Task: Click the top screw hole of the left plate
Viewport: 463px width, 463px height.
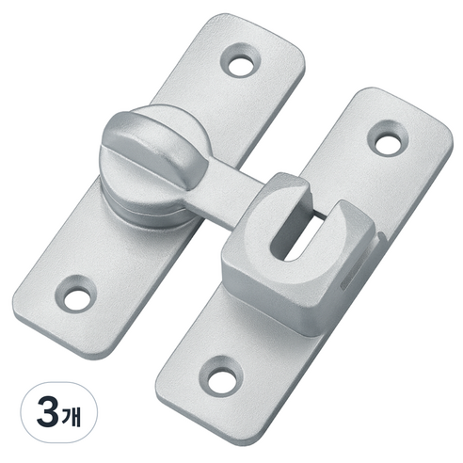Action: pos(241,66)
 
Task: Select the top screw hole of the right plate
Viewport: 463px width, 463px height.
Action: pos(388,141)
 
